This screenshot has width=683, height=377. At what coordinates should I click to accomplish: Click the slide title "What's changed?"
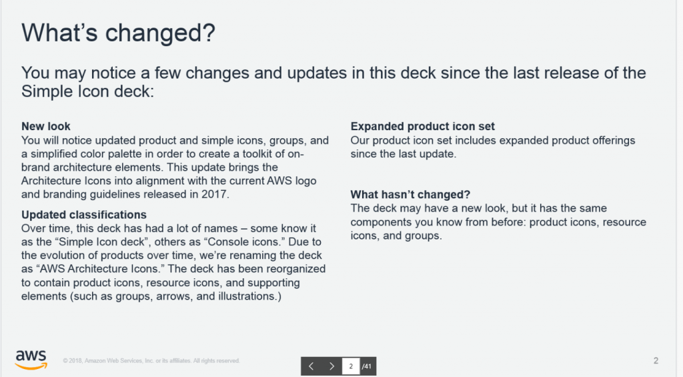pos(118,33)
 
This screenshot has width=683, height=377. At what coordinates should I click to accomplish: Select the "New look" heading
pos(46,126)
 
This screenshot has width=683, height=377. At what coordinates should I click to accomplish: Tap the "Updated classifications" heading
pos(83,215)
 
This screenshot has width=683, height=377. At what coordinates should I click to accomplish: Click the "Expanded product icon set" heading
pos(422,126)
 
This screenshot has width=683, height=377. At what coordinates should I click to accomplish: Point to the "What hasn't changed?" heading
pos(410,194)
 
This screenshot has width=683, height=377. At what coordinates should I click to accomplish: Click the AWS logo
pos(31,360)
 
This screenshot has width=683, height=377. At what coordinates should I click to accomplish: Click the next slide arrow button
pos(331,366)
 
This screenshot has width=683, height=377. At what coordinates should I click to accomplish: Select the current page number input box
pos(351,366)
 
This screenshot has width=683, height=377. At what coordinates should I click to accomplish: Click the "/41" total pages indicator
pos(367,366)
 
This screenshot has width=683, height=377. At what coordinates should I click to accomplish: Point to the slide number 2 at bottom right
pos(656,360)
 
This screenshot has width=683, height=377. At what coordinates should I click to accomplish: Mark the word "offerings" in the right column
pos(614,141)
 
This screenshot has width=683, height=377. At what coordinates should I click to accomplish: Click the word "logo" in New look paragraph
pos(305,181)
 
